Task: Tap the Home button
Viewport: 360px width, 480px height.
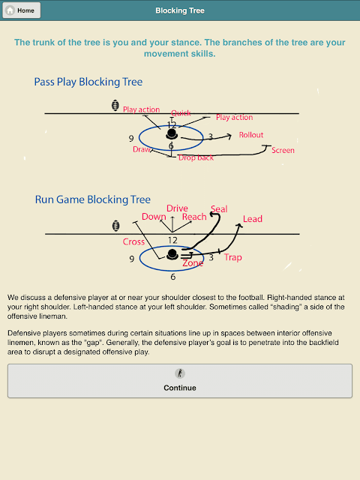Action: click(x=22, y=10)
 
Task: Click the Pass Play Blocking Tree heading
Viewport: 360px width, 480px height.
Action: click(x=88, y=82)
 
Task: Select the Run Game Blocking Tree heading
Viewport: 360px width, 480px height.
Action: click(x=93, y=199)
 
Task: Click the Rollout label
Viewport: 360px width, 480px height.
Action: click(x=251, y=135)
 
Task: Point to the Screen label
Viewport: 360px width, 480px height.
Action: click(x=283, y=150)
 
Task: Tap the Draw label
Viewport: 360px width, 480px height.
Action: click(x=142, y=149)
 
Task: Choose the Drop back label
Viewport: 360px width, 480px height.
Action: click(x=196, y=157)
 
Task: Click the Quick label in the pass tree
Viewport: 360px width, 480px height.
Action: click(x=181, y=113)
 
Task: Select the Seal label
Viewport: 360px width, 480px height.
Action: click(x=219, y=209)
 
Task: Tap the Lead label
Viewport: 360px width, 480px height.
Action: click(x=253, y=219)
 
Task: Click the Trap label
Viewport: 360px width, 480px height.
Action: click(x=233, y=257)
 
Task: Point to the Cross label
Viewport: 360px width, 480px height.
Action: click(x=133, y=241)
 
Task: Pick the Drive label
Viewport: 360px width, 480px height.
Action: click(x=177, y=208)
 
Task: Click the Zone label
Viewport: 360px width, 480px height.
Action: click(x=193, y=263)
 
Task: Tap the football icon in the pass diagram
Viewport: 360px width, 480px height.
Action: click(x=115, y=105)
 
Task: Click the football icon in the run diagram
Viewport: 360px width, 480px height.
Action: click(x=115, y=226)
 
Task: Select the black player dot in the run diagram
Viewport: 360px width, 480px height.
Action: click(x=172, y=254)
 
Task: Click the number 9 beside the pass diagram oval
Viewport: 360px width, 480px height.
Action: click(x=131, y=139)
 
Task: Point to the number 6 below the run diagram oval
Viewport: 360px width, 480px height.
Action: click(x=173, y=277)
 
